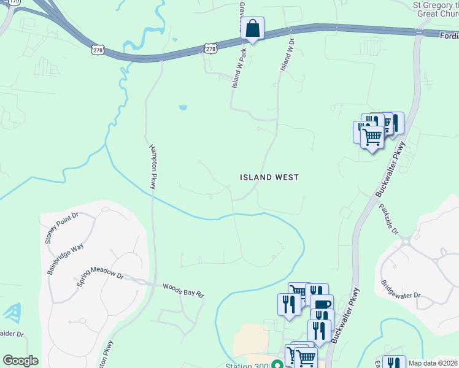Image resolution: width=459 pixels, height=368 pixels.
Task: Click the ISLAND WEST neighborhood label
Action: (269, 177)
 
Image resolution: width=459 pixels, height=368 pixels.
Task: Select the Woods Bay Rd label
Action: (183, 290)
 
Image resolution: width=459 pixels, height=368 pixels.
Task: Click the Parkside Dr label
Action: (389, 220)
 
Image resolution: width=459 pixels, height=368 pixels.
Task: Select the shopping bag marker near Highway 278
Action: (252, 28)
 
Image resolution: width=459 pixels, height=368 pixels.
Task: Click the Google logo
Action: (20, 361)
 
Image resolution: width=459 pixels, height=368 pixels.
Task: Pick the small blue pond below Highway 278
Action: (183, 108)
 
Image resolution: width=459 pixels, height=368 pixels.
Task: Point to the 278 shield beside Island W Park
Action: (210, 48)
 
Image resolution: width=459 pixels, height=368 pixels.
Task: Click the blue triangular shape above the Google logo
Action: (11, 313)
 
